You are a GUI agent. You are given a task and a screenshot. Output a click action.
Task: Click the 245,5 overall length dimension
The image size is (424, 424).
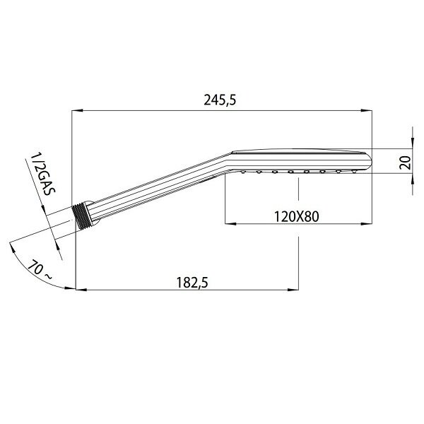(220, 100)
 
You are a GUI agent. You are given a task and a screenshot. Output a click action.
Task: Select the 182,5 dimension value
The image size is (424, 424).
(192, 283)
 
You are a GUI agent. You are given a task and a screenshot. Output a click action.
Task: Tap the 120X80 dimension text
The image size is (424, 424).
(297, 216)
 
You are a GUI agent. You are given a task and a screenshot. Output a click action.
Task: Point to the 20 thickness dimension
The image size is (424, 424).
(405, 163)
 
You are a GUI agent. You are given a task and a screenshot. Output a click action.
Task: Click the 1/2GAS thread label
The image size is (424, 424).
(42, 175)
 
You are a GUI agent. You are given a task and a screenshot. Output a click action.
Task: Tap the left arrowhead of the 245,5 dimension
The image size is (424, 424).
(77, 110)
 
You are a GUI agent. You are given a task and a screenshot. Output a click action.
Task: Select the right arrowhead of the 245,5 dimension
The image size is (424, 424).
(367, 110)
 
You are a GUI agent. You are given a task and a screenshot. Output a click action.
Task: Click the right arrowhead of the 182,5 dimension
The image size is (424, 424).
(293, 290)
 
